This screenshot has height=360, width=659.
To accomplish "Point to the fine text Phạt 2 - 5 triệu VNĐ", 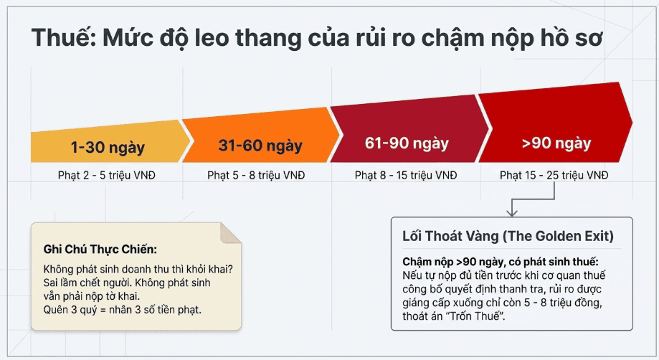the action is (107, 175).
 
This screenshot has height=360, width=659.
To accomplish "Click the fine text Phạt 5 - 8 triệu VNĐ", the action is (256, 175).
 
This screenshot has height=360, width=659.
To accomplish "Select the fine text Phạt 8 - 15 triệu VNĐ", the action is (406, 175).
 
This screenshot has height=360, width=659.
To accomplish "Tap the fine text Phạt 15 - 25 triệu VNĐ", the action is (554, 175).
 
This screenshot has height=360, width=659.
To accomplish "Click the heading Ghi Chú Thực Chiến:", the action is (100, 249).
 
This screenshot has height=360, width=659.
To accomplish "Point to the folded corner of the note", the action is (230, 233).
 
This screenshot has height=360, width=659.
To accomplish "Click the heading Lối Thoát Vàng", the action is (450, 236).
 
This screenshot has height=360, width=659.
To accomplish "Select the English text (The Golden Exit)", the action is (558, 236).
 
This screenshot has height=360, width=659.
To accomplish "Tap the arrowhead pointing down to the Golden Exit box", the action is (511, 212).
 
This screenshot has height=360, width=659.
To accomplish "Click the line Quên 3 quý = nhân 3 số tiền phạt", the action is (123, 310).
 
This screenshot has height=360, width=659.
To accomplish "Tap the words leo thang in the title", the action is (248, 38).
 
